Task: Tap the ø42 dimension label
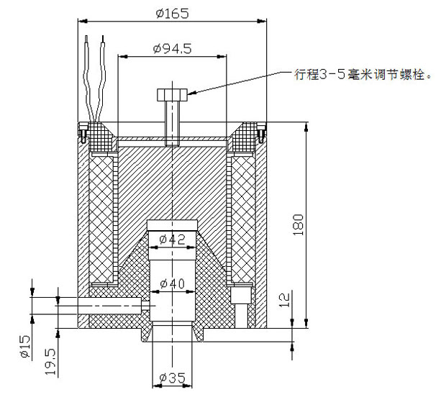pos(172,239)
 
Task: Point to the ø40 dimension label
pos(172,283)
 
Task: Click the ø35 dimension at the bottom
pos(172,378)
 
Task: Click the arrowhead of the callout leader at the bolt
pos(193,92)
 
